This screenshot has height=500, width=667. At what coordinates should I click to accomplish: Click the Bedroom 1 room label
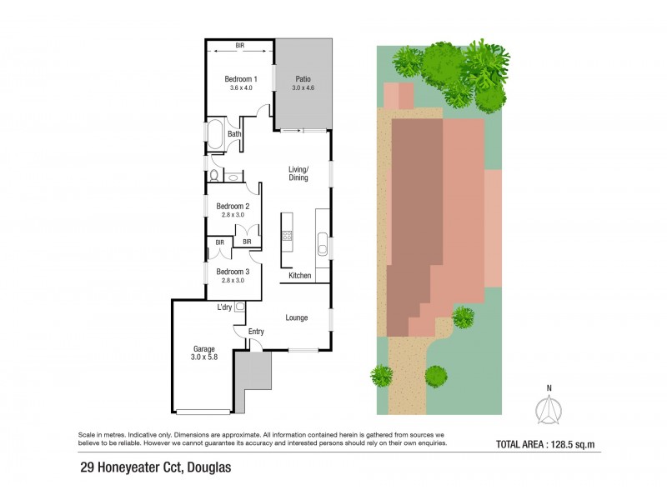click(x=240, y=79)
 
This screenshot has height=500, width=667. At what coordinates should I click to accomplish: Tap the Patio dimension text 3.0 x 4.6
click(x=302, y=87)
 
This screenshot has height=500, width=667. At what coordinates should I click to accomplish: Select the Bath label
click(x=234, y=133)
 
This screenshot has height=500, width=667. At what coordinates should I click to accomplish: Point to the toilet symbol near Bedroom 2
click(x=214, y=176)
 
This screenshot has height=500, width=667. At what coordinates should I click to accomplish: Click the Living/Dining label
click(x=298, y=173)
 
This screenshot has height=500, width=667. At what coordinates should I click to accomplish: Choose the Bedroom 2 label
click(x=233, y=206)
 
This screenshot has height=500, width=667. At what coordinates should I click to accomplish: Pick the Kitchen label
click(x=300, y=276)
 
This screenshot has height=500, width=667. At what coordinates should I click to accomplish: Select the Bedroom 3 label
click(x=233, y=272)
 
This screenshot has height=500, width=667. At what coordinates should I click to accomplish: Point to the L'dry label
click(x=224, y=307)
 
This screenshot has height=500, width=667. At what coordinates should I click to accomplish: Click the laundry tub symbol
click(x=240, y=307)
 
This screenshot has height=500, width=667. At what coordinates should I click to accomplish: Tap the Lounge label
click(x=297, y=317)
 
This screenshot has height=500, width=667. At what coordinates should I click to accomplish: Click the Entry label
click(x=256, y=332)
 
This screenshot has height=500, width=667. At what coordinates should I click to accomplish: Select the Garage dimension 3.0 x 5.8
click(x=204, y=357)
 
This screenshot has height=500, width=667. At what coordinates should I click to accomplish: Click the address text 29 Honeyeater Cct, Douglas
click(x=153, y=467)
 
